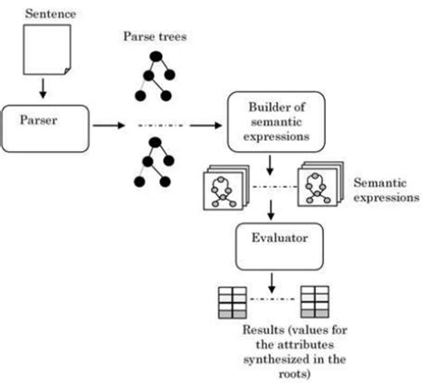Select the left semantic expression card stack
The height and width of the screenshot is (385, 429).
pyautogui.click(x=220, y=187)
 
